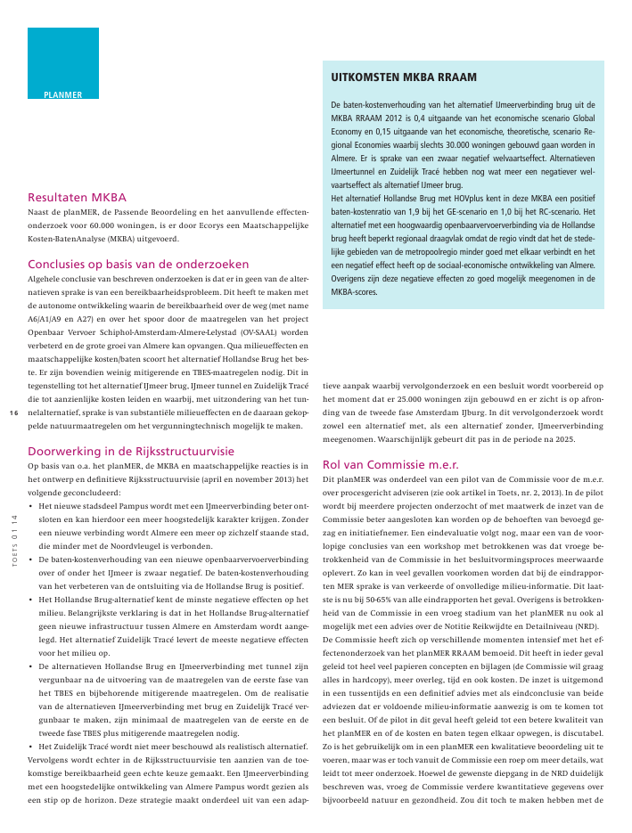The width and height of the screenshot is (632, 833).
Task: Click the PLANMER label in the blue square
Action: click(x=62, y=94)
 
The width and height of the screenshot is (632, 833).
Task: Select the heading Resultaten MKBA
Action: click(x=78, y=198)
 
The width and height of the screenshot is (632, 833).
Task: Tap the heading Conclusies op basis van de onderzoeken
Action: click(x=138, y=264)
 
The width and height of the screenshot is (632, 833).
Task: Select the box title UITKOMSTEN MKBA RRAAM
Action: click(x=403, y=78)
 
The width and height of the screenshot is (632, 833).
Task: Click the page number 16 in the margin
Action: click(x=13, y=413)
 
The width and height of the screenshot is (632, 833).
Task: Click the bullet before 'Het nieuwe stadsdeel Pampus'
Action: click(x=31, y=505)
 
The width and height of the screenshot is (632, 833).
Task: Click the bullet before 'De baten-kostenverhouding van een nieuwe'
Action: click(x=31, y=559)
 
